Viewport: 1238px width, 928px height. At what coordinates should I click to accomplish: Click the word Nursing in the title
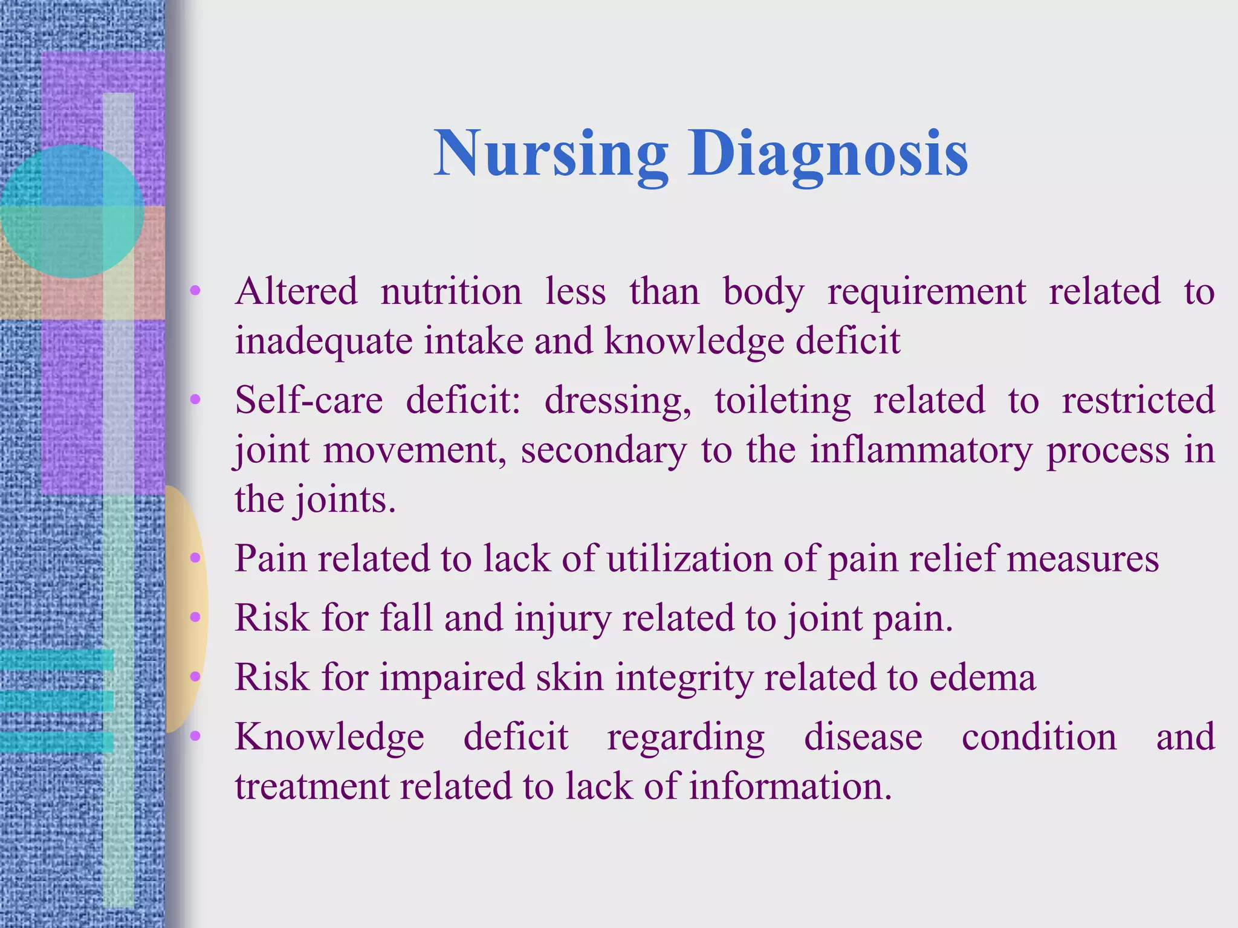pyautogui.click(x=551, y=154)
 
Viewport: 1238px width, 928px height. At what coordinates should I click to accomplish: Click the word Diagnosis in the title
pyautogui.click(x=828, y=154)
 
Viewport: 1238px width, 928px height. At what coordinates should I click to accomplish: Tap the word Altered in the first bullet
pyautogui.click(x=296, y=292)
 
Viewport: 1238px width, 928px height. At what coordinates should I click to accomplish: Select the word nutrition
pyautogui.click(x=451, y=292)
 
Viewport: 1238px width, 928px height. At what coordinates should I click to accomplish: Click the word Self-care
pyautogui.click(x=309, y=401)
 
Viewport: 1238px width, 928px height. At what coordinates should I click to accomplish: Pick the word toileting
pyautogui.click(x=783, y=401)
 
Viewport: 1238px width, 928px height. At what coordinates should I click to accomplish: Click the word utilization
pyautogui.click(x=689, y=559)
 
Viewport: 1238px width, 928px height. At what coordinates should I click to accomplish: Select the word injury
pyautogui.click(x=563, y=619)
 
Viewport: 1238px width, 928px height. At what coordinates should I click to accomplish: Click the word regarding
pyautogui.click(x=685, y=738)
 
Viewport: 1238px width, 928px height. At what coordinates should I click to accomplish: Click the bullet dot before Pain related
pyautogui.click(x=195, y=558)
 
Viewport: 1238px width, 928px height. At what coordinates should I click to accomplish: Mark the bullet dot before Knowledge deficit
pyautogui.click(x=195, y=736)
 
